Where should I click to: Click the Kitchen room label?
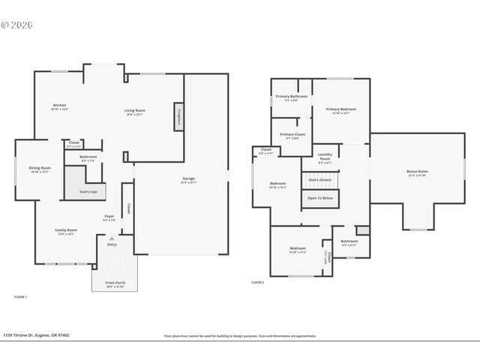[x=60, y=105]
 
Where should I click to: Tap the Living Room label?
[x=135, y=111]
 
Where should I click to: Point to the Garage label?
[x=188, y=178]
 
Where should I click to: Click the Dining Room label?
[x=40, y=168]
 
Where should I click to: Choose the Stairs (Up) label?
[x=94, y=192]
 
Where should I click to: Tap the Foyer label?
[x=109, y=217]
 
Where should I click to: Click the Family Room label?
[x=66, y=230]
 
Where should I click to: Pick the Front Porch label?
[x=115, y=283]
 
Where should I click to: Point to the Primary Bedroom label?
[x=340, y=109]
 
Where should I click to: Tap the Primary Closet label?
[x=292, y=135]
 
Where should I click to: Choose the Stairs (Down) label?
[x=320, y=180]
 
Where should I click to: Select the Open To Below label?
[x=320, y=198]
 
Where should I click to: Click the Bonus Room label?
[x=417, y=172]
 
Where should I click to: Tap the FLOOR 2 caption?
[x=257, y=282]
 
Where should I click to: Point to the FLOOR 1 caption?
[x=20, y=297]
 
